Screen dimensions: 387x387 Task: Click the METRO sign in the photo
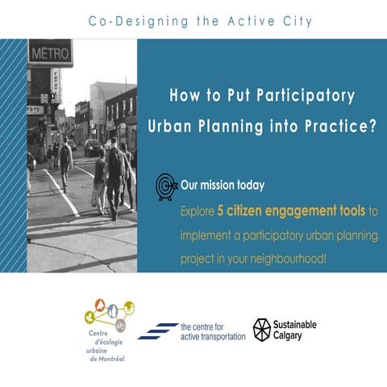(50, 54)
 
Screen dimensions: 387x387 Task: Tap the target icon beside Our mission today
(167, 186)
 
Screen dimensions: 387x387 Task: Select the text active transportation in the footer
(213, 335)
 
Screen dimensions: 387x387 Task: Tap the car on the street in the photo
(94, 147)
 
